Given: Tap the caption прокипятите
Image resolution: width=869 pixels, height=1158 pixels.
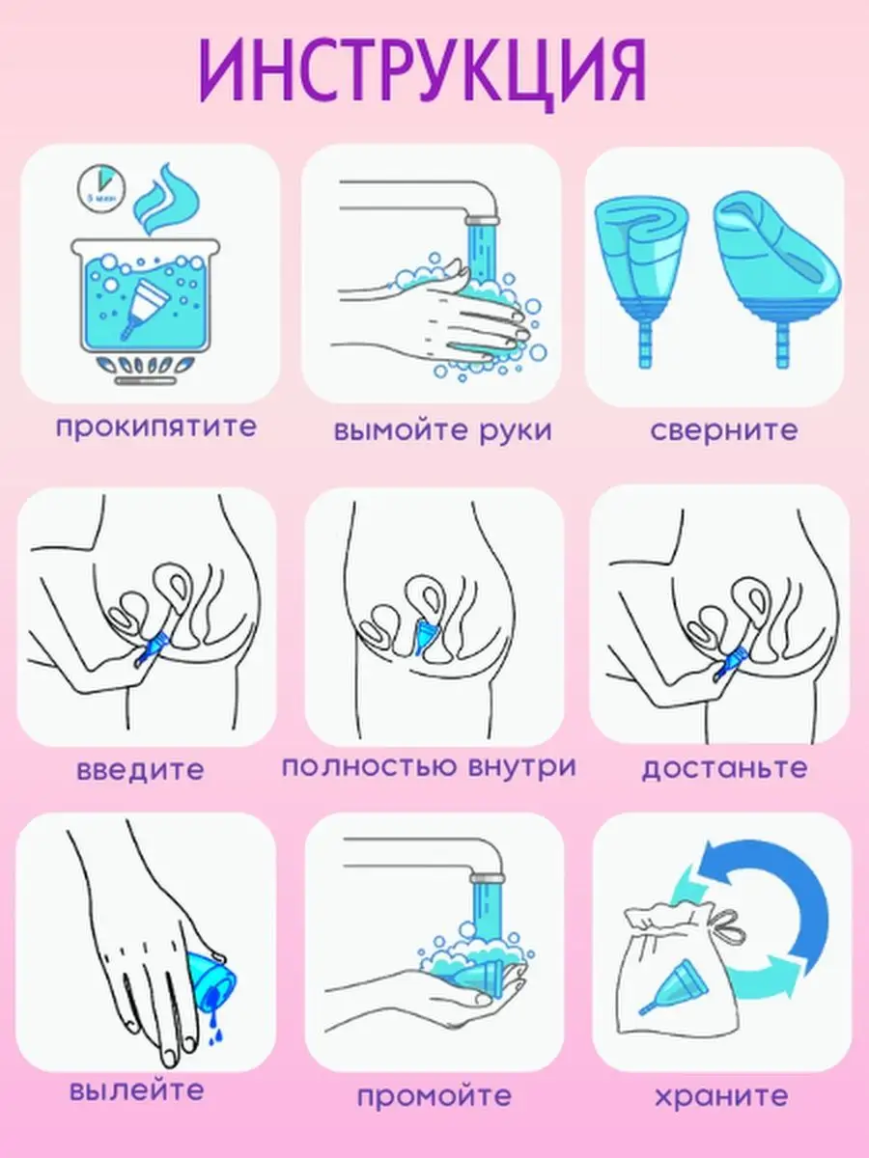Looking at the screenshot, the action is pyautogui.click(x=156, y=427).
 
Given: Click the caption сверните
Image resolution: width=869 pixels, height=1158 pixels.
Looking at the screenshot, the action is pyautogui.click(x=724, y=429).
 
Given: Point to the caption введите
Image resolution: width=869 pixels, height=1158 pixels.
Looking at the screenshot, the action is pyautogui.click(x=140, y=769).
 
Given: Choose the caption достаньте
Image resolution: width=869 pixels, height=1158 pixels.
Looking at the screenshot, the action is pyautogui.click(x=724, y=767).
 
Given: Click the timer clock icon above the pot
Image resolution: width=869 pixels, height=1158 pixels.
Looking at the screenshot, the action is pyautogui.click(x=101, y=189).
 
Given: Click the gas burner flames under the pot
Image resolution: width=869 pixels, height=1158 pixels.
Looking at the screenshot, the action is pyautogui.click(x=145, y=365).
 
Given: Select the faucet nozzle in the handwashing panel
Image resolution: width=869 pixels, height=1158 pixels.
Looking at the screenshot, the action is pyautogui.click(x=481, y=219).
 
